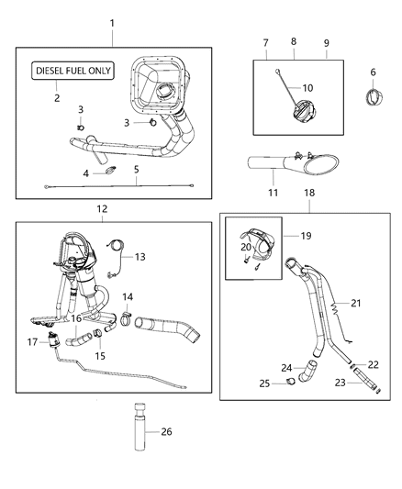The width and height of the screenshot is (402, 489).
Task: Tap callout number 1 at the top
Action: point(112,21)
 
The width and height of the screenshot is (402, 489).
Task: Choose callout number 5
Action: point(136,169)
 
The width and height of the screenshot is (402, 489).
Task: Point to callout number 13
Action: point(140,258)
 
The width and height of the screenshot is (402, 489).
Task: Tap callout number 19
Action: point(307,235)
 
